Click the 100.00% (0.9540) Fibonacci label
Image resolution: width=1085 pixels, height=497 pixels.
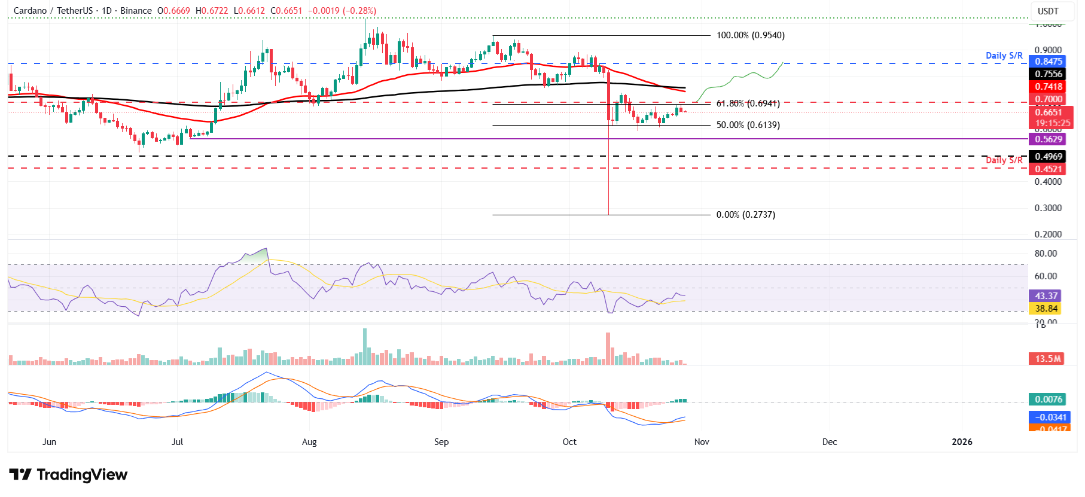pyautogui.click(x=750, y=35)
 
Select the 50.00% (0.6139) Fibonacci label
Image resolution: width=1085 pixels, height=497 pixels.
pyautogui.click(x=748, y=125)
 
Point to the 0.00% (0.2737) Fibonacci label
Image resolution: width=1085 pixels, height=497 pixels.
pyautogui.click(x=745, y=215)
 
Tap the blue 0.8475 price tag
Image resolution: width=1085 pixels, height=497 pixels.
pyautogui.click(x=1049, y=62)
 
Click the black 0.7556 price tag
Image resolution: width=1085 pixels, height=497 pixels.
pyautogui.click(x=1049, y=74)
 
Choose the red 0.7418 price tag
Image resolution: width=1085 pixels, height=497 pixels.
pyautogui.click(x=1049, y=87)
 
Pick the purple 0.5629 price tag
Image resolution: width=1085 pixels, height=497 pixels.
pyautogui.click(x=1049, y=139)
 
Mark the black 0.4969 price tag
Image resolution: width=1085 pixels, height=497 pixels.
pyautogui.click(x=1049, y=157)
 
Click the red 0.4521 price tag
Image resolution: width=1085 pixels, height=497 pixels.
pyautogui.click(x=1049, y=169)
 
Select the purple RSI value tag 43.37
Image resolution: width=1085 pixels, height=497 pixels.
pyautogui.click(x=1046, y=296)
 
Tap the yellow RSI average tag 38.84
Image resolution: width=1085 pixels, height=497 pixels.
pyautogui.click(x=1046, y=309)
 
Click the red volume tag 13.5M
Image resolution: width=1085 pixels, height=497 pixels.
pyautogui.click(x=1048, y=359)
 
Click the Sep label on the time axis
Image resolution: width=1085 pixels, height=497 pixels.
pyautogui.click(x=441, y=442)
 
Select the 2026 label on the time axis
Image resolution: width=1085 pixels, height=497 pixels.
pyautogui.click(x=962, y=442)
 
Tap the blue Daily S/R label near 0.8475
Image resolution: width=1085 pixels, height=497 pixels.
pyautogui.click(x=1004, y=56)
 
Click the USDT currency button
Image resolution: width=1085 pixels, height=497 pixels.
pyautogui.click(x=1048, y=11)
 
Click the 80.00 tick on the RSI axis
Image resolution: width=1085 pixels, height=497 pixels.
pyautogui.click(x=1046, y=254)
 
